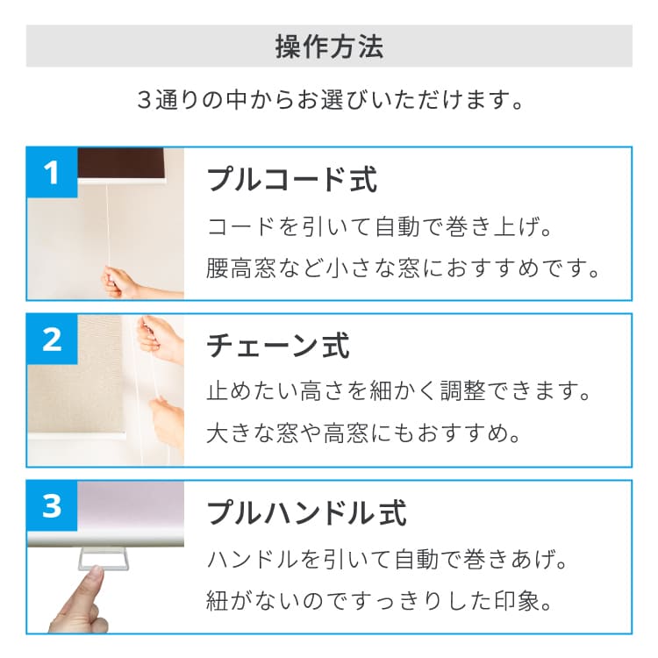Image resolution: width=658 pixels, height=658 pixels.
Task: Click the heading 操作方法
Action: (329, 46)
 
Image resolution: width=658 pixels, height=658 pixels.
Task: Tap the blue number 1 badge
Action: (52, 172)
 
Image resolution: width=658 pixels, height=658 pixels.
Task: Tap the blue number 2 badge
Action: (52, 339)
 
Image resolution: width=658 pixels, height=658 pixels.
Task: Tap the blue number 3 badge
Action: (52, 505)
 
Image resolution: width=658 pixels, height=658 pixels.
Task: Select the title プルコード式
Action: (292, 180)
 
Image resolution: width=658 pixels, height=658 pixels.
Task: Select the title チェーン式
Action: (278, 346)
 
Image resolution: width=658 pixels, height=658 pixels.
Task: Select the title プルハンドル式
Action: (307, 512)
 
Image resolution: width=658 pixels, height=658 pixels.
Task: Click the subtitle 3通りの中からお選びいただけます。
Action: (330, 100)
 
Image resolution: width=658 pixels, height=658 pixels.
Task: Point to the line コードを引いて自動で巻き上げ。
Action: (379, 226)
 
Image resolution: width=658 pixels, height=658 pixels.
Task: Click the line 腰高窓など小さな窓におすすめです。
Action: (403, 268)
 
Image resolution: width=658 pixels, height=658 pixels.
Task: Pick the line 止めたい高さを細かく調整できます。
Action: (398, 391)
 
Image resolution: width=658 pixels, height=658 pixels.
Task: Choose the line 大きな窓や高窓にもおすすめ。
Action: (363, 433)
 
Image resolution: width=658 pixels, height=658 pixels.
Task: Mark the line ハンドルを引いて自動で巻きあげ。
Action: (387, 560)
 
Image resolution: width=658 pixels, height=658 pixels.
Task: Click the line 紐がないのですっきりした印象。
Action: (379, 601)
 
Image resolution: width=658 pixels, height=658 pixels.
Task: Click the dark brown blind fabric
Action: (121, 163)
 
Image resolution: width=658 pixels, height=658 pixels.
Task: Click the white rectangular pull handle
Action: (104, 559)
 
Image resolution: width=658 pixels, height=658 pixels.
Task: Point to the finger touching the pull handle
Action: (80, 600)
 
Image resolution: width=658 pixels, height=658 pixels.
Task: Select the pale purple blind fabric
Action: (131, 508)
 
